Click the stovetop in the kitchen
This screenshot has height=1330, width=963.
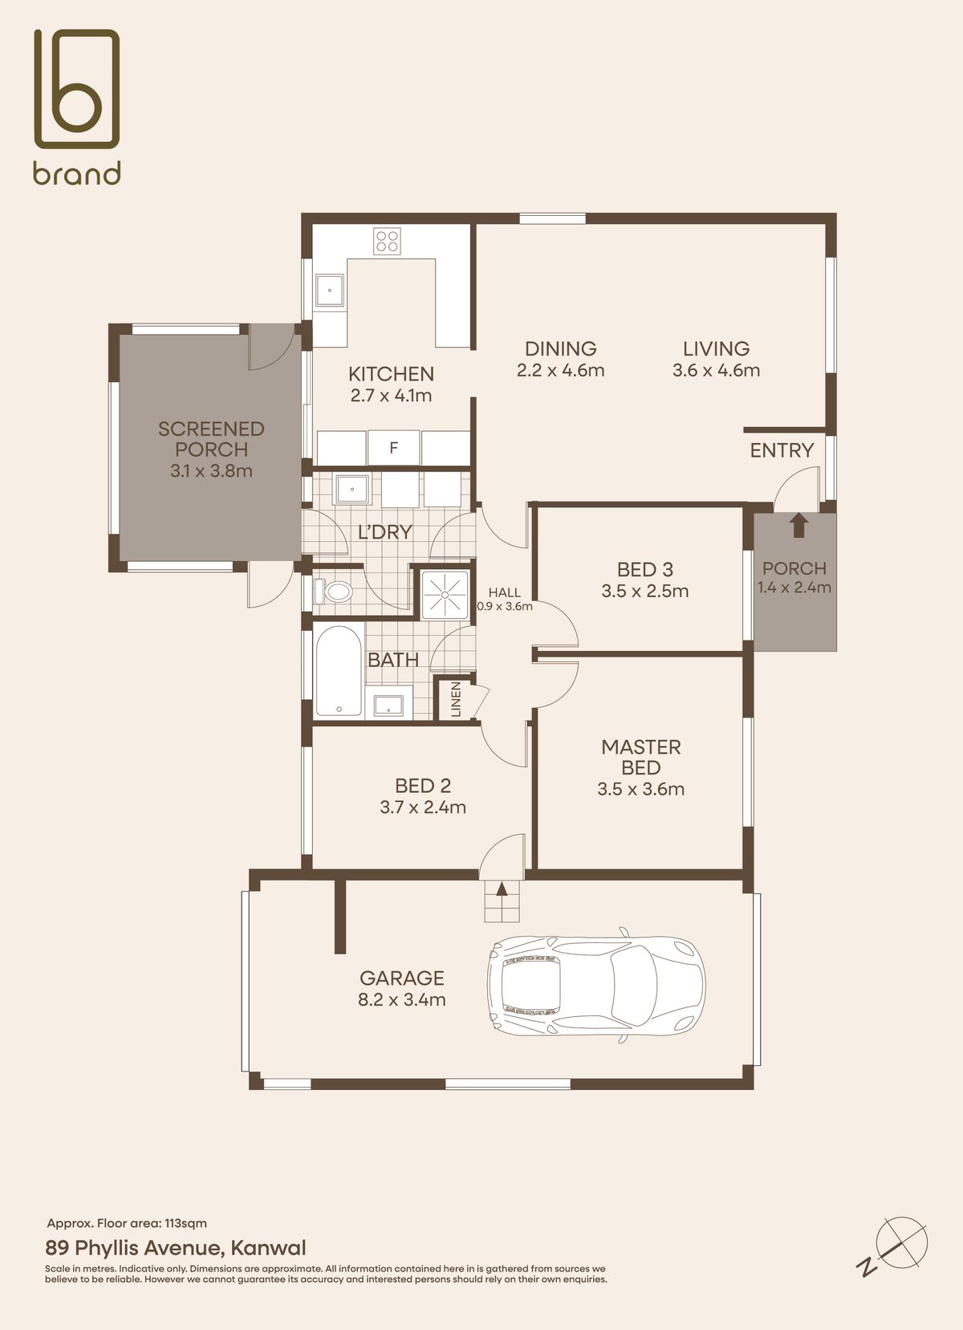[387, 241]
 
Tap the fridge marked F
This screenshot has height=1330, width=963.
[394, 448]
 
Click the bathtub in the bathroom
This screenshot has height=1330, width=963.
[339, 671]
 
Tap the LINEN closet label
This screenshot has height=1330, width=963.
[456, 699]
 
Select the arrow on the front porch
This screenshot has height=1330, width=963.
[799, 526]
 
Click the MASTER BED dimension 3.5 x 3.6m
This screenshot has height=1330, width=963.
[640, 789]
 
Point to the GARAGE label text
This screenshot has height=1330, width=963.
[402, 978]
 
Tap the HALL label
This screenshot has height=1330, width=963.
[504, 592]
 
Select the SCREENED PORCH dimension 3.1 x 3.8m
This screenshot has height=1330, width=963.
[211, 471]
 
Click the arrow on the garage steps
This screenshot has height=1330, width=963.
[502, 889]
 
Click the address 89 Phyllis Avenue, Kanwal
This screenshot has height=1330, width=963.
[176, 1247]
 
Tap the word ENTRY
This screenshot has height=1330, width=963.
[782, 450]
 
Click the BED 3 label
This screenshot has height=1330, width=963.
[644, 569]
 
